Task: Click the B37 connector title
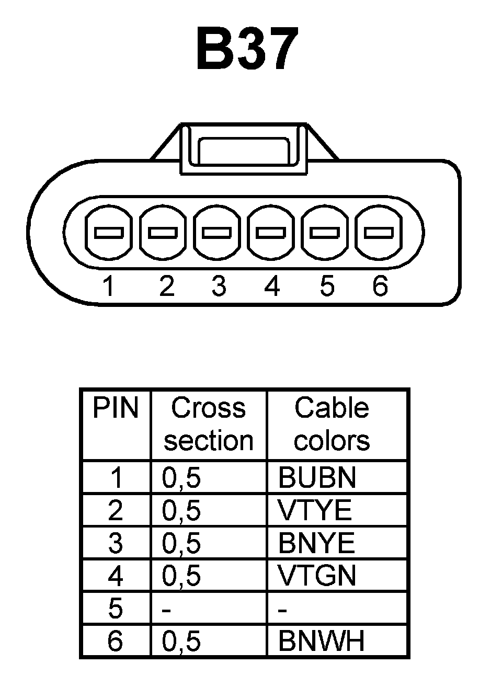[247, 50]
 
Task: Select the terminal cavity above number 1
[108, 232]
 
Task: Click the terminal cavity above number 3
[217, 232]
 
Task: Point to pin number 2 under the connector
[166, 286]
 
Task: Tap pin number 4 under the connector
[272, 286]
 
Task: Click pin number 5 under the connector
[326, 286]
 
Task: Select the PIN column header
[116, 408]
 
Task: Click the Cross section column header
[208, 424]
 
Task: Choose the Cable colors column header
[332, 424]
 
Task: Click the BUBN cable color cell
[317, 477]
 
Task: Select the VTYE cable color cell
[315, 510]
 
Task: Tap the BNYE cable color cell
[316, 543]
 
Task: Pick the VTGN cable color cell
[317, 576]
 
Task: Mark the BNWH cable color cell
[321, 641]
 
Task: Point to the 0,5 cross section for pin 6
[181, 641]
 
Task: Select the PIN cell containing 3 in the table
[116, 543]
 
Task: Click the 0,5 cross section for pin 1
[181, 477]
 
